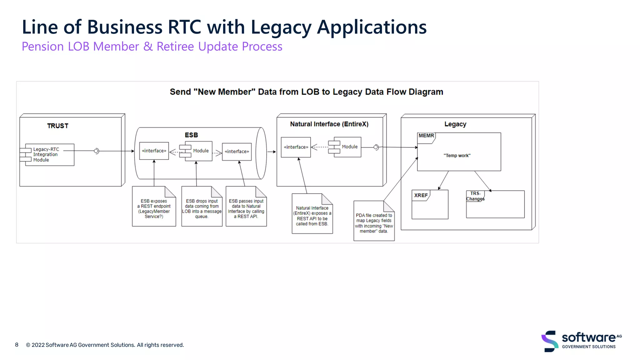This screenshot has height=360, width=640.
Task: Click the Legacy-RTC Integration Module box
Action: click(x=49, y=155)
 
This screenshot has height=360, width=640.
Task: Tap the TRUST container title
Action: click(x=57, y=126)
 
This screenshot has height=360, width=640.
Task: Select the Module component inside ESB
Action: click(x=198, y=151)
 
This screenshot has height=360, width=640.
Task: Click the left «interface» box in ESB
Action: click(x=154, y=151)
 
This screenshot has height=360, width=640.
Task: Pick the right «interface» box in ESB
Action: click(x=237, y=152)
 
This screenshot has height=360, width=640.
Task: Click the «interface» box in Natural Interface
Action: click(x=296, y=147)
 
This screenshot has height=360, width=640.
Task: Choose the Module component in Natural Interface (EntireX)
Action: click(x=347, y=147)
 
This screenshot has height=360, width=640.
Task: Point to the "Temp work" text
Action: click(x=457, y=156)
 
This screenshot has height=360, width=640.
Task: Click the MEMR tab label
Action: click(x=426, y=136)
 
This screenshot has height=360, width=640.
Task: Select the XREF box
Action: click(x=430, y=204)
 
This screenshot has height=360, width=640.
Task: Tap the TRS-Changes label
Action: click(x=475, y=196)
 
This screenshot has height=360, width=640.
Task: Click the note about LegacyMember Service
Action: click(x=154, y=209)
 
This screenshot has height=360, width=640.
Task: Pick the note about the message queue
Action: click(x=202, y=209)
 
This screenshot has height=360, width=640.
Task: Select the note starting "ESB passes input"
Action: click(x=246, y=209)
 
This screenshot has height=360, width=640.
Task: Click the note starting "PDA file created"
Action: click(x=374, y=223)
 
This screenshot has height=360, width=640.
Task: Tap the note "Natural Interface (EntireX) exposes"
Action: click(x=312, y=216)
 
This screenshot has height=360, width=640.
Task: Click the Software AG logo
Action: click(x=581, y=341)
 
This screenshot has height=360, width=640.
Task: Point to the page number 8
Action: click(x=17, y=345)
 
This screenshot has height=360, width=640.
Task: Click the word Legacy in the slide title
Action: click(x=281, y=27)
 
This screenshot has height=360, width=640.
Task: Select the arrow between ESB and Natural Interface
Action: click(x=272, y=152)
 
